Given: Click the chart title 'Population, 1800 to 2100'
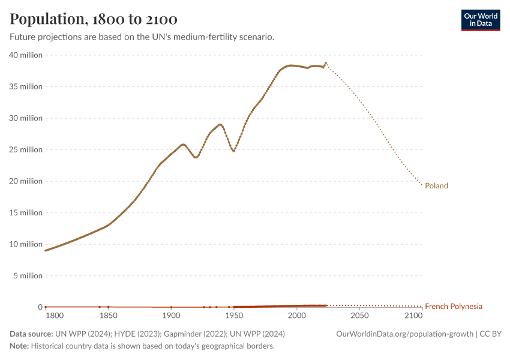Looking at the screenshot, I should click(94, 19).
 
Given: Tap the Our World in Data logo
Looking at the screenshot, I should click(480, 20).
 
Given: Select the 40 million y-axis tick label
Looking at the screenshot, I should click(26, 55).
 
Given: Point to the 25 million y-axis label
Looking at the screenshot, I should click(26, 150).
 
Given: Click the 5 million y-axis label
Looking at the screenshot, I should click(28, 276).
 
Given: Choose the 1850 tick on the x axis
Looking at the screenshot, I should click(108, 316).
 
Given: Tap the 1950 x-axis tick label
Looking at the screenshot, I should click(234, 316).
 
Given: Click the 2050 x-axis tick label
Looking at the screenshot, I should click(359, 316).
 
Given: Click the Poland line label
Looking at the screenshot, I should click(436, 186).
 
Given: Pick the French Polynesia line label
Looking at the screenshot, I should click(453, 307).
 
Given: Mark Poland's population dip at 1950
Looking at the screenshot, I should click(234, 151).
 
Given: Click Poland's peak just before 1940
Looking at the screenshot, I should click(220, 124).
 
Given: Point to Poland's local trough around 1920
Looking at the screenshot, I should click(196, 157).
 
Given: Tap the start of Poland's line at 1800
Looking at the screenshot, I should click(46, 250).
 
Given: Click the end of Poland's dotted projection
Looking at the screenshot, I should click(422, 185).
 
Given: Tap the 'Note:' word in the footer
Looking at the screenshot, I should click(19, 346).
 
